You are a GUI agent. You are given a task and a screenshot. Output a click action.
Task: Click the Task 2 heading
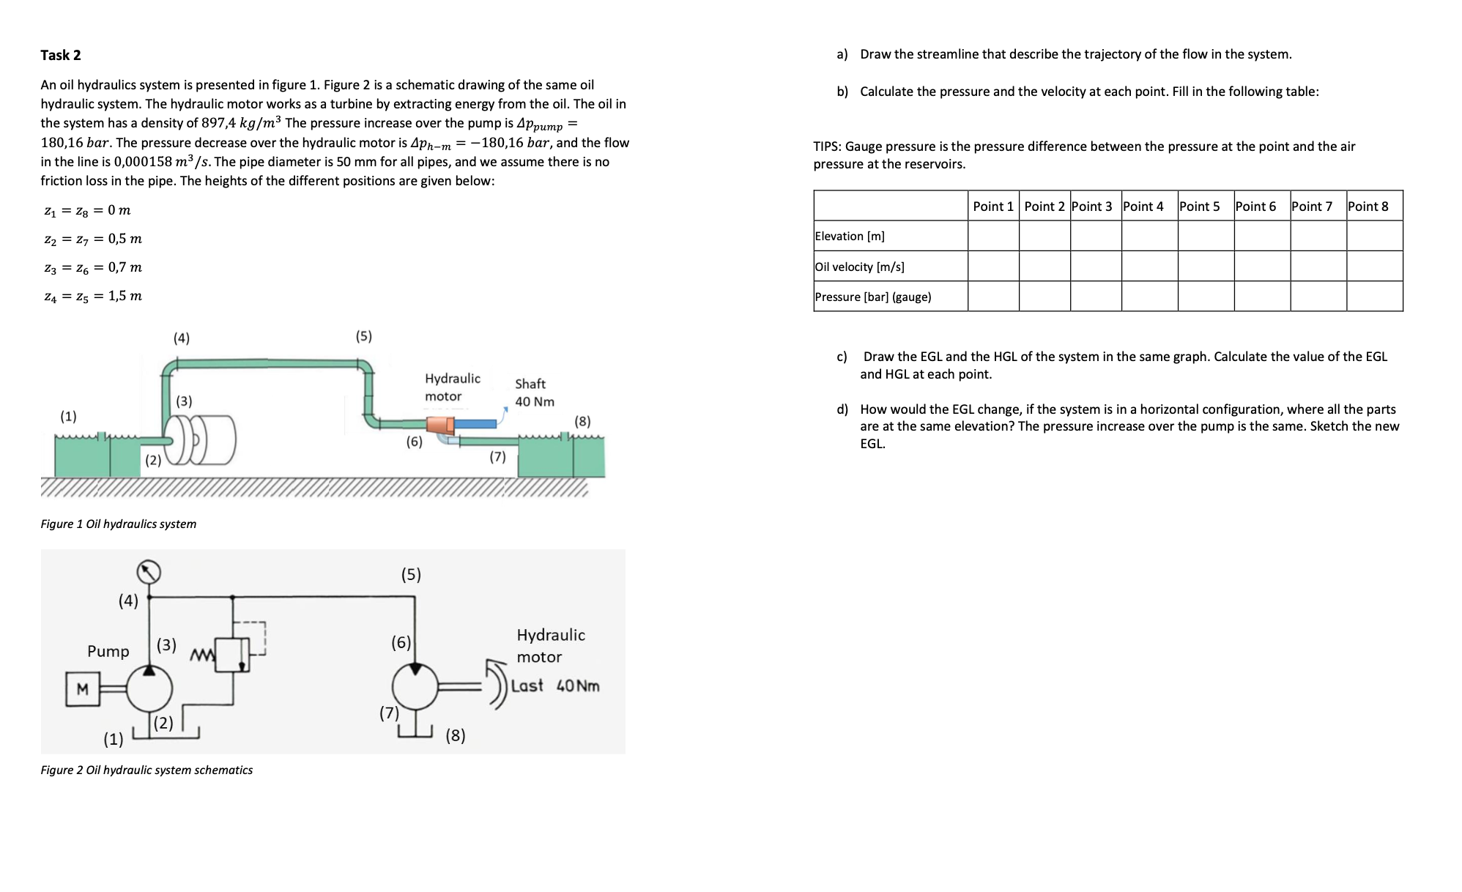61,56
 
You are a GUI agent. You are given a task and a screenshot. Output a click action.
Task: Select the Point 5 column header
1199,207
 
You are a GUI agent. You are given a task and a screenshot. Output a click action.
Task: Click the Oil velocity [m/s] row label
859,267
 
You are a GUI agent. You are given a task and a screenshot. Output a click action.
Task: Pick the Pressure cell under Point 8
1374,297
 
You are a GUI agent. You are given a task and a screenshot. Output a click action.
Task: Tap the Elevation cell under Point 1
992,236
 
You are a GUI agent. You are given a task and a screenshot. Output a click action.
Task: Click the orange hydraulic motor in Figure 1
439,424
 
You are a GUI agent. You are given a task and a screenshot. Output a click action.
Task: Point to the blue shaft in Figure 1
475,423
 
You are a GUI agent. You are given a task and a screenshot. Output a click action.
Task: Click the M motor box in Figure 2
82,689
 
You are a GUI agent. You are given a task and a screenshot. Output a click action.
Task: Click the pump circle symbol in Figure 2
149,689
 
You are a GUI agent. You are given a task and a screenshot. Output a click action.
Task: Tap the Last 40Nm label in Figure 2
555,686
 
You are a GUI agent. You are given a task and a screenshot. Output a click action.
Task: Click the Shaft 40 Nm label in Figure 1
534,393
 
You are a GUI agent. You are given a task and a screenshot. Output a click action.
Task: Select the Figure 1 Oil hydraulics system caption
119,524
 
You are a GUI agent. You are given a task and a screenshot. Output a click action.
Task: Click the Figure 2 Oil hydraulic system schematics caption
146,770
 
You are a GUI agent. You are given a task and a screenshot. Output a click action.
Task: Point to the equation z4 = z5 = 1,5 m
93,296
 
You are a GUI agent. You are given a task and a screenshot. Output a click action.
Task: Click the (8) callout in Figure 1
582,421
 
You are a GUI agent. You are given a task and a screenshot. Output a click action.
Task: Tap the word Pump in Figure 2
108,651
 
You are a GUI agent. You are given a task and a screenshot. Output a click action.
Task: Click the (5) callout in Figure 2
411,574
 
